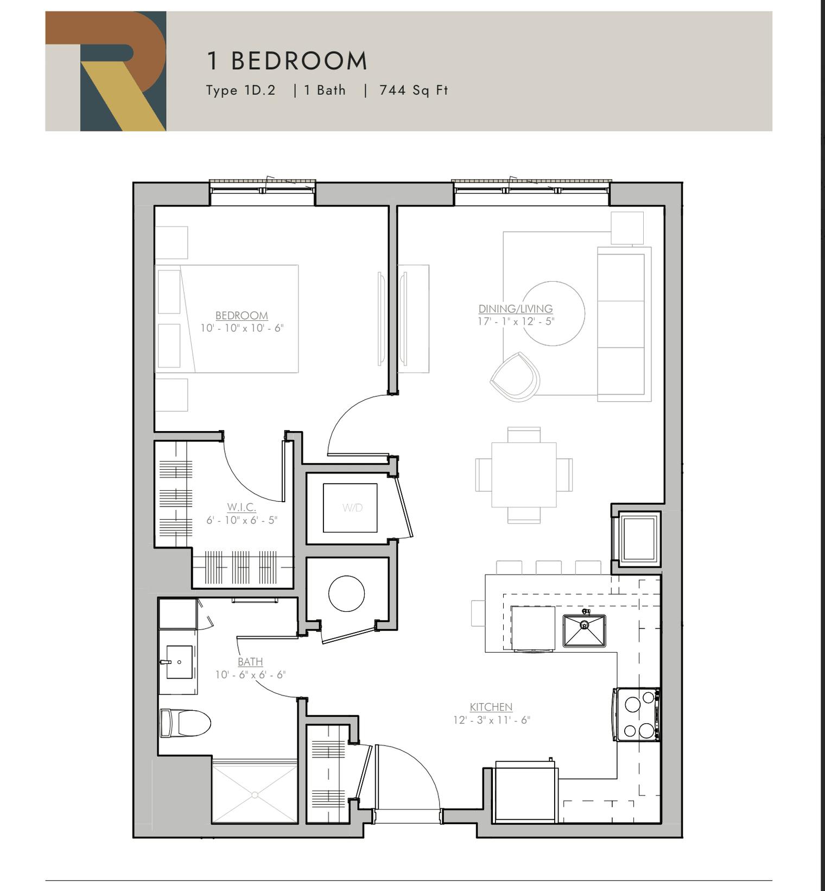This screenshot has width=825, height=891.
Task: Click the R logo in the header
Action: (x=106, y=71)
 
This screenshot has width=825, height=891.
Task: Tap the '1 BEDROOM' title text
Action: (x=287, y=61)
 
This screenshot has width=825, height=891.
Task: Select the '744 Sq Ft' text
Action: (x=414, y=90)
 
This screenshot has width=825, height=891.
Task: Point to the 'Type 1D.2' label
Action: (x=240, y=90)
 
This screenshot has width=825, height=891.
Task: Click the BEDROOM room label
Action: (x=242, y=315)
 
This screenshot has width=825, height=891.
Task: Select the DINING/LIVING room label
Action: (x=515, y=308)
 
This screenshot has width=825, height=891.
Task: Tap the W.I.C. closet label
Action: (x=242, y=507)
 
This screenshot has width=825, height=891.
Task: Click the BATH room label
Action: (x=250, y=662)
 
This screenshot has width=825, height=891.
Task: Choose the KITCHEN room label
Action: (x=491, y=707)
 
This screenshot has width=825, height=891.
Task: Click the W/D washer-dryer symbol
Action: (x=351, y=508)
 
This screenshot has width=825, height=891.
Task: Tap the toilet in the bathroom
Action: (x=185, y=723)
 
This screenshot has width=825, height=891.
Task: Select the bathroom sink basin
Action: (x=179, y=662)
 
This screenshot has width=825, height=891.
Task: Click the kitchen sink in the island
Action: (x=584, y=630)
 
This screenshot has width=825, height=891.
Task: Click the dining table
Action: (x=524, y=475)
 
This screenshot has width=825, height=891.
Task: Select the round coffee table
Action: (x=553, y=313)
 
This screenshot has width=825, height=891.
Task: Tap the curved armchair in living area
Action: (x=515, y=377)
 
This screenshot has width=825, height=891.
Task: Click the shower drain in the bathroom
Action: (x=255, y=795)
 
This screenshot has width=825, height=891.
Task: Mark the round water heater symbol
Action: (x=346, y=593)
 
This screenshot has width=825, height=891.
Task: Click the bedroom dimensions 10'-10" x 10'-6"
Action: (x=242, y=328)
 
